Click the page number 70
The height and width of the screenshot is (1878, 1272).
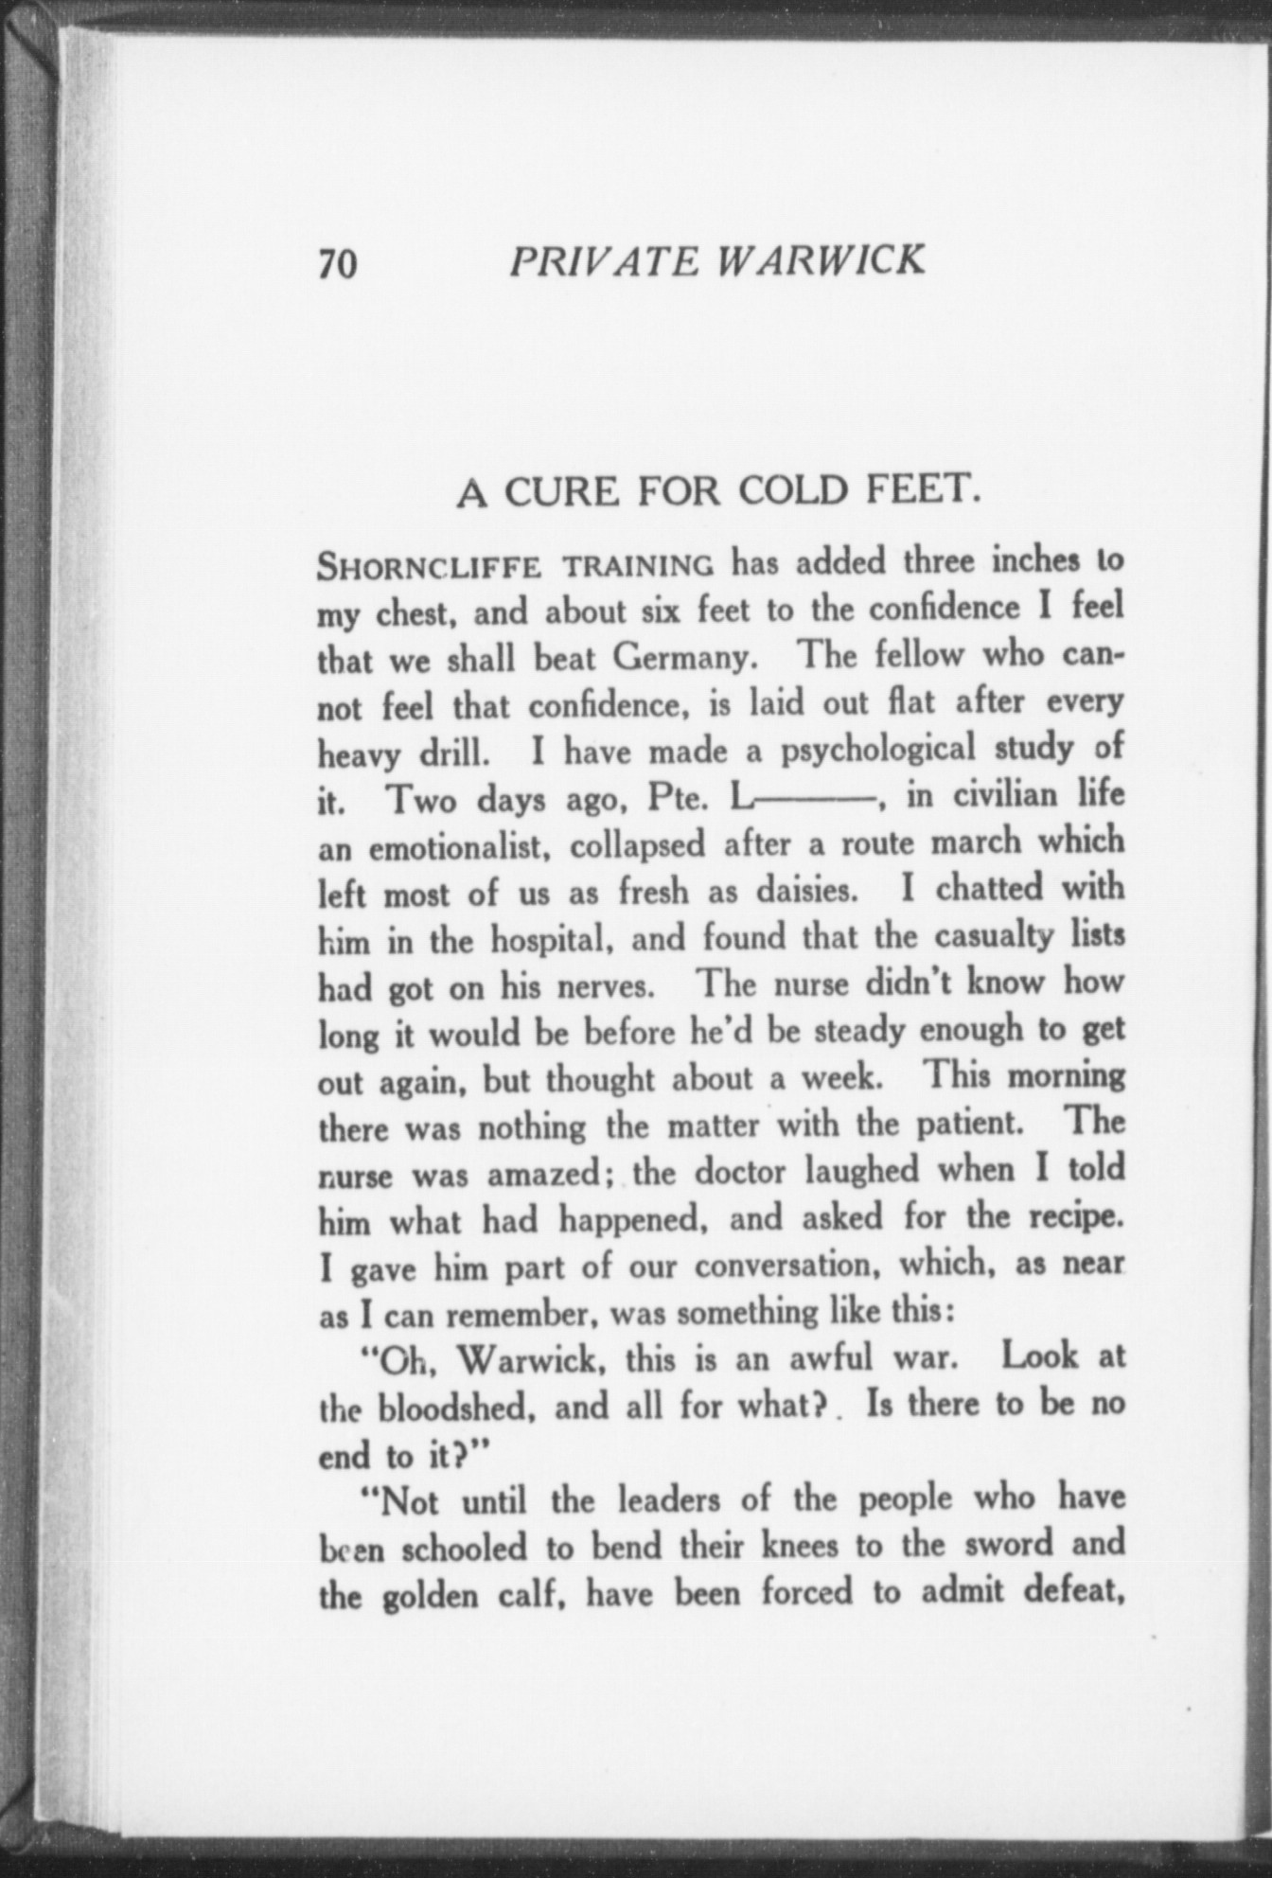coord(338,264)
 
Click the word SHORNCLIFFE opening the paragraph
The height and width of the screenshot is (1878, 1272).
coord(429,567)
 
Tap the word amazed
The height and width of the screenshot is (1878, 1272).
coord(545,1174)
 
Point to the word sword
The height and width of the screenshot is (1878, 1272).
coord(1013,1544)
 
